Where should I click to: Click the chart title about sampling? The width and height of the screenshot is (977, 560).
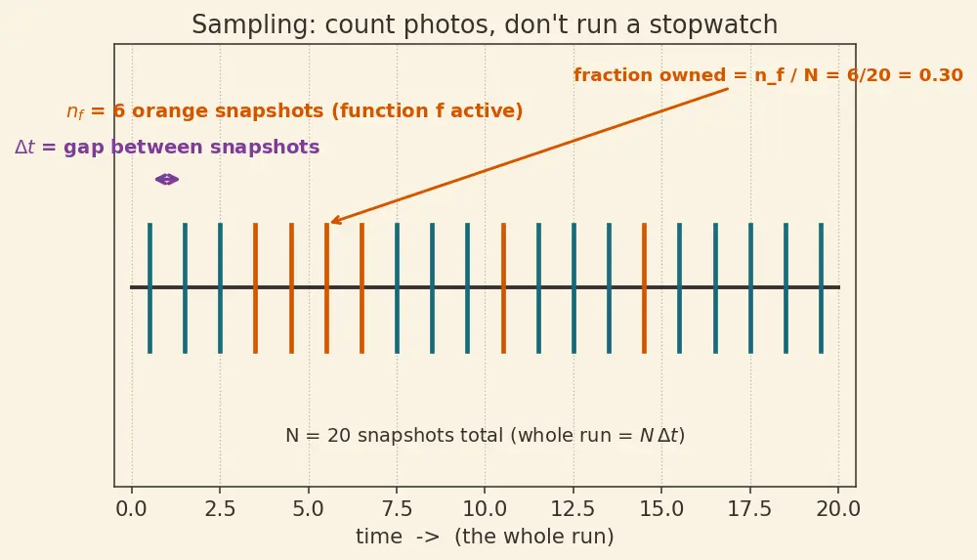coord(485,25)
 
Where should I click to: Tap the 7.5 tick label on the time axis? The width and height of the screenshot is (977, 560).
coord(397,509)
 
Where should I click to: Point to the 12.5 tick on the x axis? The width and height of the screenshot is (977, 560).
coord(573,487)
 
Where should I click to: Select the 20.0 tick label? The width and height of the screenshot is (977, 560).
coord(838,509)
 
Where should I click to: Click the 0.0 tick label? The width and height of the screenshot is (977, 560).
coord(132,509)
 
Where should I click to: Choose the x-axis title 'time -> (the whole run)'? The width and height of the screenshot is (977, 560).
coord(485,537)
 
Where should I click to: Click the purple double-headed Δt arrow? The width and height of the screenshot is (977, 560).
coord(167,180)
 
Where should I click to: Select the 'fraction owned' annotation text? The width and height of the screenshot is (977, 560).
coord(768,75)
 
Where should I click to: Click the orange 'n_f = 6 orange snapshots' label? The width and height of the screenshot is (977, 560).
coord(295,111)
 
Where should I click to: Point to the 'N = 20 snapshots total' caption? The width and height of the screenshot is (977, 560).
coord(485,435)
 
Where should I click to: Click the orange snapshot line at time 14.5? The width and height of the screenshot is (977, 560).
coord(644,288)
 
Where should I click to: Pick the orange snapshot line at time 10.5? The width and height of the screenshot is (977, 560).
coord(503,288)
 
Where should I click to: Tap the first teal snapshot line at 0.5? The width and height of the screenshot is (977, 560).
coord(149,288)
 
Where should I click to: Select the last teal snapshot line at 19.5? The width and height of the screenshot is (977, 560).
coord(822,288)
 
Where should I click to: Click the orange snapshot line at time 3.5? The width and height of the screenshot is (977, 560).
coord(255,288)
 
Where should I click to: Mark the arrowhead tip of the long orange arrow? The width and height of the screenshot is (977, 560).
coord(331,222)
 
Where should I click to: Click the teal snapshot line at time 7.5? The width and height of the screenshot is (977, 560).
coord(397,288)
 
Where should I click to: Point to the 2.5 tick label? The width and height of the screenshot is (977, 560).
coord(220,509)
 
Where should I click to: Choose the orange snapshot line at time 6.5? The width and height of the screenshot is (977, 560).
coord(362,288)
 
